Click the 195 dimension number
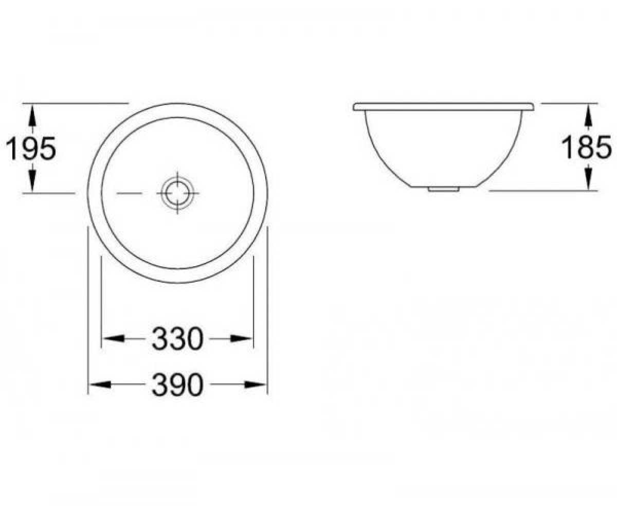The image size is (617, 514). click(31, 148)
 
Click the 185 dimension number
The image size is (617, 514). click(586, 147)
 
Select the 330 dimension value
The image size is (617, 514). click(177, 338)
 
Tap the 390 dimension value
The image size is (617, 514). click(177, 384)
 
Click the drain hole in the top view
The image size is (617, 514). click(177, 193)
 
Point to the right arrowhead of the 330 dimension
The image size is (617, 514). click(241, 339)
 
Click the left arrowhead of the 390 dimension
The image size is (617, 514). click(101, 384)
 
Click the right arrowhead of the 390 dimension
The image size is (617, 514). click(255, 384)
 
